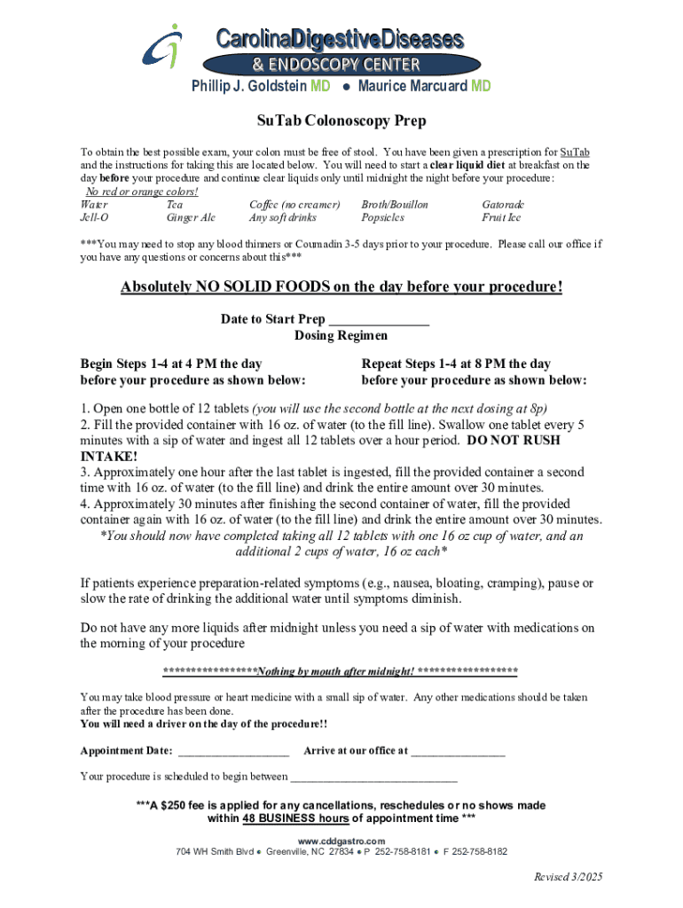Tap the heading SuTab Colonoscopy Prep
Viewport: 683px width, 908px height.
coord(341,121)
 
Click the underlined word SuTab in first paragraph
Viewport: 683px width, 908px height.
coord(575,152)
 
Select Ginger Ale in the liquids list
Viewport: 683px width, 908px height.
coord(191,216)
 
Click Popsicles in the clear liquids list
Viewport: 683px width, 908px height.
coord(382,216)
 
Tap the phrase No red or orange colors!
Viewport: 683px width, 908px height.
coord(141,192)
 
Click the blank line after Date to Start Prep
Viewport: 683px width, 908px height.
coord(379,320)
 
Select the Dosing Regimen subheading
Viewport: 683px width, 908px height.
coord(341,336)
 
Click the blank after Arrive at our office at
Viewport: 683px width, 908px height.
coord(458,751)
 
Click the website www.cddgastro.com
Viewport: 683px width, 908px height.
coord(341,841)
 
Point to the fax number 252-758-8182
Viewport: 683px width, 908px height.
coord(479,851)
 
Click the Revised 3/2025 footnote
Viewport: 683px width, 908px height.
coord(568,877)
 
